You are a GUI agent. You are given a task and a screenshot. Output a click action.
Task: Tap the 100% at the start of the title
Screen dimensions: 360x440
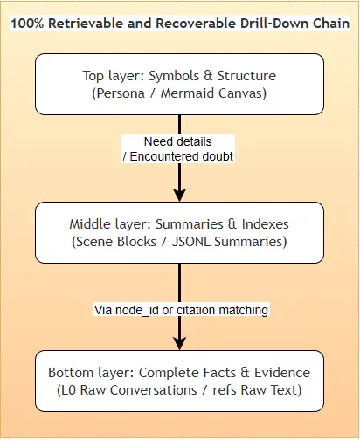point(27,24)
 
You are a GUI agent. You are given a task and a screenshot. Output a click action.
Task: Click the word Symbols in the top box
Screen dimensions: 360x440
point(174,76)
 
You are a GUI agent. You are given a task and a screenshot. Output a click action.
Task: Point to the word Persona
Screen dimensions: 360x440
point(119,93)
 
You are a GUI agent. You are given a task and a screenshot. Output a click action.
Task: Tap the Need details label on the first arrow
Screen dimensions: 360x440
point(178,141)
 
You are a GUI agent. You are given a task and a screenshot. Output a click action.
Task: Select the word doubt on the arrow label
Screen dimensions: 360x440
point(218,156)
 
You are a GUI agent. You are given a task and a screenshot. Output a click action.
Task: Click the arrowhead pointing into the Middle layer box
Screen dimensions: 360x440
point(179,195)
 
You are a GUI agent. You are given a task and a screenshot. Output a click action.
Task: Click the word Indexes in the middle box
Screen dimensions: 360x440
point(266,224)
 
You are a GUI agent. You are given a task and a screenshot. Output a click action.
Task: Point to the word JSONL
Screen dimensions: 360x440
point(191,242)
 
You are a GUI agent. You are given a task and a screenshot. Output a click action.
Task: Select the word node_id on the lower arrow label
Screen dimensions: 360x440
point(137,310)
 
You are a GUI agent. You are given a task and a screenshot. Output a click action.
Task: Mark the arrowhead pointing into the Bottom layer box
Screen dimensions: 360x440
point(179,343)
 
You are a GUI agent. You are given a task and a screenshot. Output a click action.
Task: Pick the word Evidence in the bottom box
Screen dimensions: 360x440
point(282,373)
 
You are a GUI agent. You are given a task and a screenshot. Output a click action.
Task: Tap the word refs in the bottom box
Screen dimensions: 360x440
point(225,390)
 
